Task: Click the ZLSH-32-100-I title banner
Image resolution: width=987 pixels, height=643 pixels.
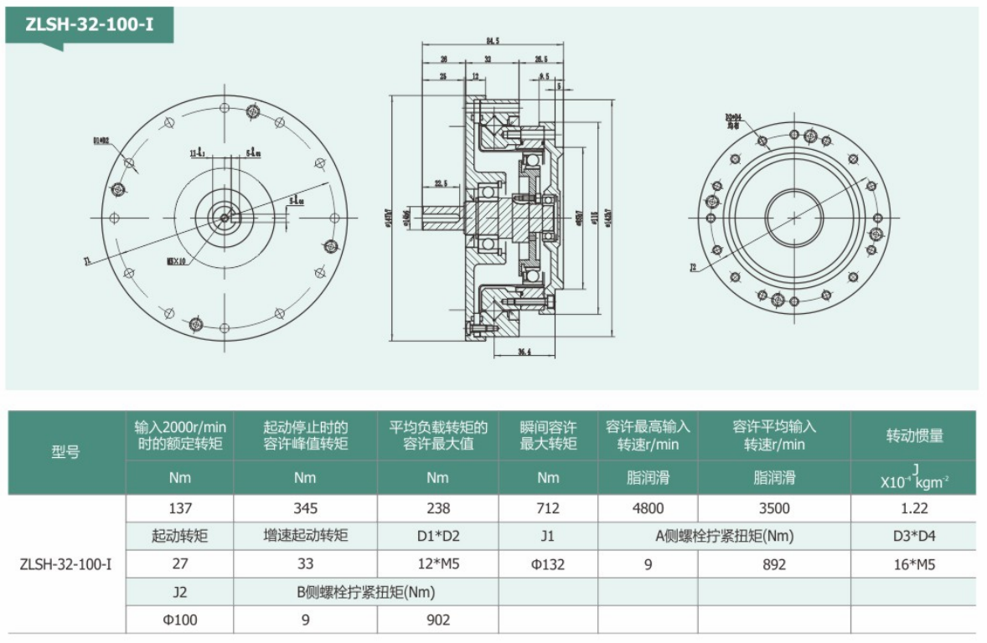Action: click(89, 24)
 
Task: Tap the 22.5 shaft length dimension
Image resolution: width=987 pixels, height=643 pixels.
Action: click(441, 183)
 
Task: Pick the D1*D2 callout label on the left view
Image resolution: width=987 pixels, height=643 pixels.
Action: click(101, 141)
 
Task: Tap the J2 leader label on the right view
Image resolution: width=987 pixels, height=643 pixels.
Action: click(693, 269)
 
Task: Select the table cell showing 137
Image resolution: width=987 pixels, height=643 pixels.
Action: click(180, 508)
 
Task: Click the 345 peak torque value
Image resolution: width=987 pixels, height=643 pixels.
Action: click(305, 508)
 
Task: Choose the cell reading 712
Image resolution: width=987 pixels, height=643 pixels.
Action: click(548, 508)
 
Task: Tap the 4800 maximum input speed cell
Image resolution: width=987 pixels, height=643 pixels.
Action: click(648, 508)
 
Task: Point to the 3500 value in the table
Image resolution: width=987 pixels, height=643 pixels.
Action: click(774, 508)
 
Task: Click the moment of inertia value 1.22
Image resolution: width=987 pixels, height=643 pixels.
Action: click(913, 508)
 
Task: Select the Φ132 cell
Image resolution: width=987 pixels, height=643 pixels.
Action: click(548, 564)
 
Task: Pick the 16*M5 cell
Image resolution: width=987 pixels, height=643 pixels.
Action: click(913, 564)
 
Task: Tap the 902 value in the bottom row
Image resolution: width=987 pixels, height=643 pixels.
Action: click(437, 620)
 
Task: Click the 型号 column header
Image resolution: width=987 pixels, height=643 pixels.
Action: click(66, 453)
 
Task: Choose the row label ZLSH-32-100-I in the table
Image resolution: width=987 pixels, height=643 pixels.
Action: click(66, 564)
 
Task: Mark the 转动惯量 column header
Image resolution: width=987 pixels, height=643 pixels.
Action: click(913, 435)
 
